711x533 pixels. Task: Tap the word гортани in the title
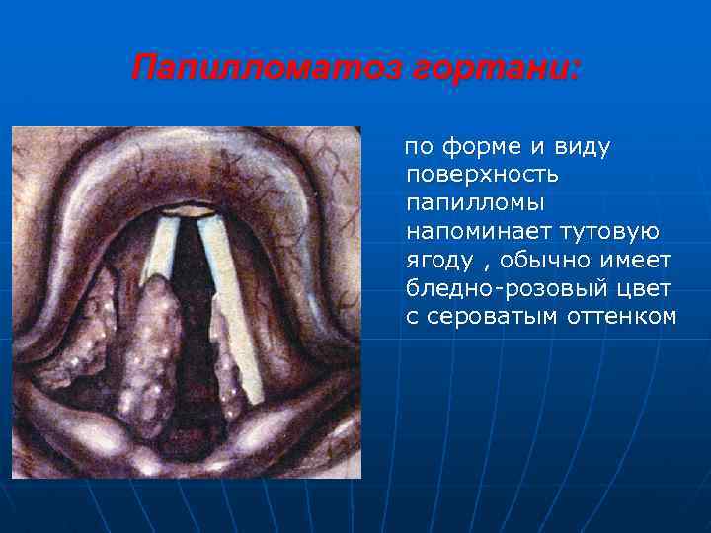pyautogui.click(x=500, y=70)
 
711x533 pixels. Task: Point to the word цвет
pyautogui.click(x=644, y=288)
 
